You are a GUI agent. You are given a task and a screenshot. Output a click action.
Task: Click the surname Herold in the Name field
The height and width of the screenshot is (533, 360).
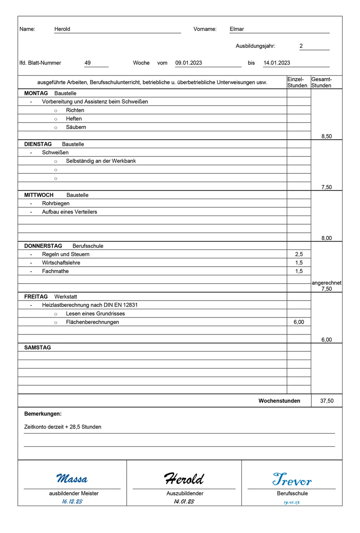coord(62,29)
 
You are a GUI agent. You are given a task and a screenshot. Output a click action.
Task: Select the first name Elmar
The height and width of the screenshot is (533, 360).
coord(237,29)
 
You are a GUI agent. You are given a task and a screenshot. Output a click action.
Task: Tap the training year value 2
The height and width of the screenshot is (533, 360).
coord(301,46)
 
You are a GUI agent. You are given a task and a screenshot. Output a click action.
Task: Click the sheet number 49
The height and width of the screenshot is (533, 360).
coord(88,63)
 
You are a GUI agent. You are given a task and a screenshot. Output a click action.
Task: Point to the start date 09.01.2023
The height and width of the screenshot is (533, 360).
coord(189,63)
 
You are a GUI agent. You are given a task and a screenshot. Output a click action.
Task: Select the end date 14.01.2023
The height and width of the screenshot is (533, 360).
coord(277,63)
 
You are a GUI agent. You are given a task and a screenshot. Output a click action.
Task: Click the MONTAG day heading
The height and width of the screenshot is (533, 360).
coord(36,93)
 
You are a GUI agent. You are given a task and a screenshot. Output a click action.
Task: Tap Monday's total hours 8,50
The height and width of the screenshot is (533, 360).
coord(326,136)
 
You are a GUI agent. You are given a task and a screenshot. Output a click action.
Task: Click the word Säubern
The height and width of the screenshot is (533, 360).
coord(76,127)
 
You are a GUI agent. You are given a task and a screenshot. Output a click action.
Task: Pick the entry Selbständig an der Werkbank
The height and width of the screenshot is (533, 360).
coord(101,161)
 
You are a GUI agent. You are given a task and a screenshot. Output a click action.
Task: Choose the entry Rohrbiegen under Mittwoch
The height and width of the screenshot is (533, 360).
coord(56,204)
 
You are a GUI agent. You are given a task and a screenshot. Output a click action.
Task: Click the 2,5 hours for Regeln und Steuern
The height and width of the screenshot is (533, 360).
coord(299,254)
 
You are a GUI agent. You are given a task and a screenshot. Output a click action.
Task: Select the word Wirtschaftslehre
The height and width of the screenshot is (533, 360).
coord(61,263)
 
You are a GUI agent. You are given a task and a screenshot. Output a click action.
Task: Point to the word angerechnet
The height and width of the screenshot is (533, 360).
coord(327,283)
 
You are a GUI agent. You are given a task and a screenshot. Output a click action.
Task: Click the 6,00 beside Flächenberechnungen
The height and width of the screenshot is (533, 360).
coord(299,322)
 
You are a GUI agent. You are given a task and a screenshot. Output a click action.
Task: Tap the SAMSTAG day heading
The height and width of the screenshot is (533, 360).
coord(38,348)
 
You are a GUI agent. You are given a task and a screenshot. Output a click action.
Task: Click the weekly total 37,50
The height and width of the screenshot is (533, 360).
coord(327,401)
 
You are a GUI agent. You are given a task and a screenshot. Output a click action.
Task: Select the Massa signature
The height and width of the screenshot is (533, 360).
coord(72,479)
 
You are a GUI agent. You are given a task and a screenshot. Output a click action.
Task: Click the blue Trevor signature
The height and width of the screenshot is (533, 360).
coord(292,480)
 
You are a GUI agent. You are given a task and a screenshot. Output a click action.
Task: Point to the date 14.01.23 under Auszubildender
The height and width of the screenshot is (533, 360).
coord(184,502)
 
